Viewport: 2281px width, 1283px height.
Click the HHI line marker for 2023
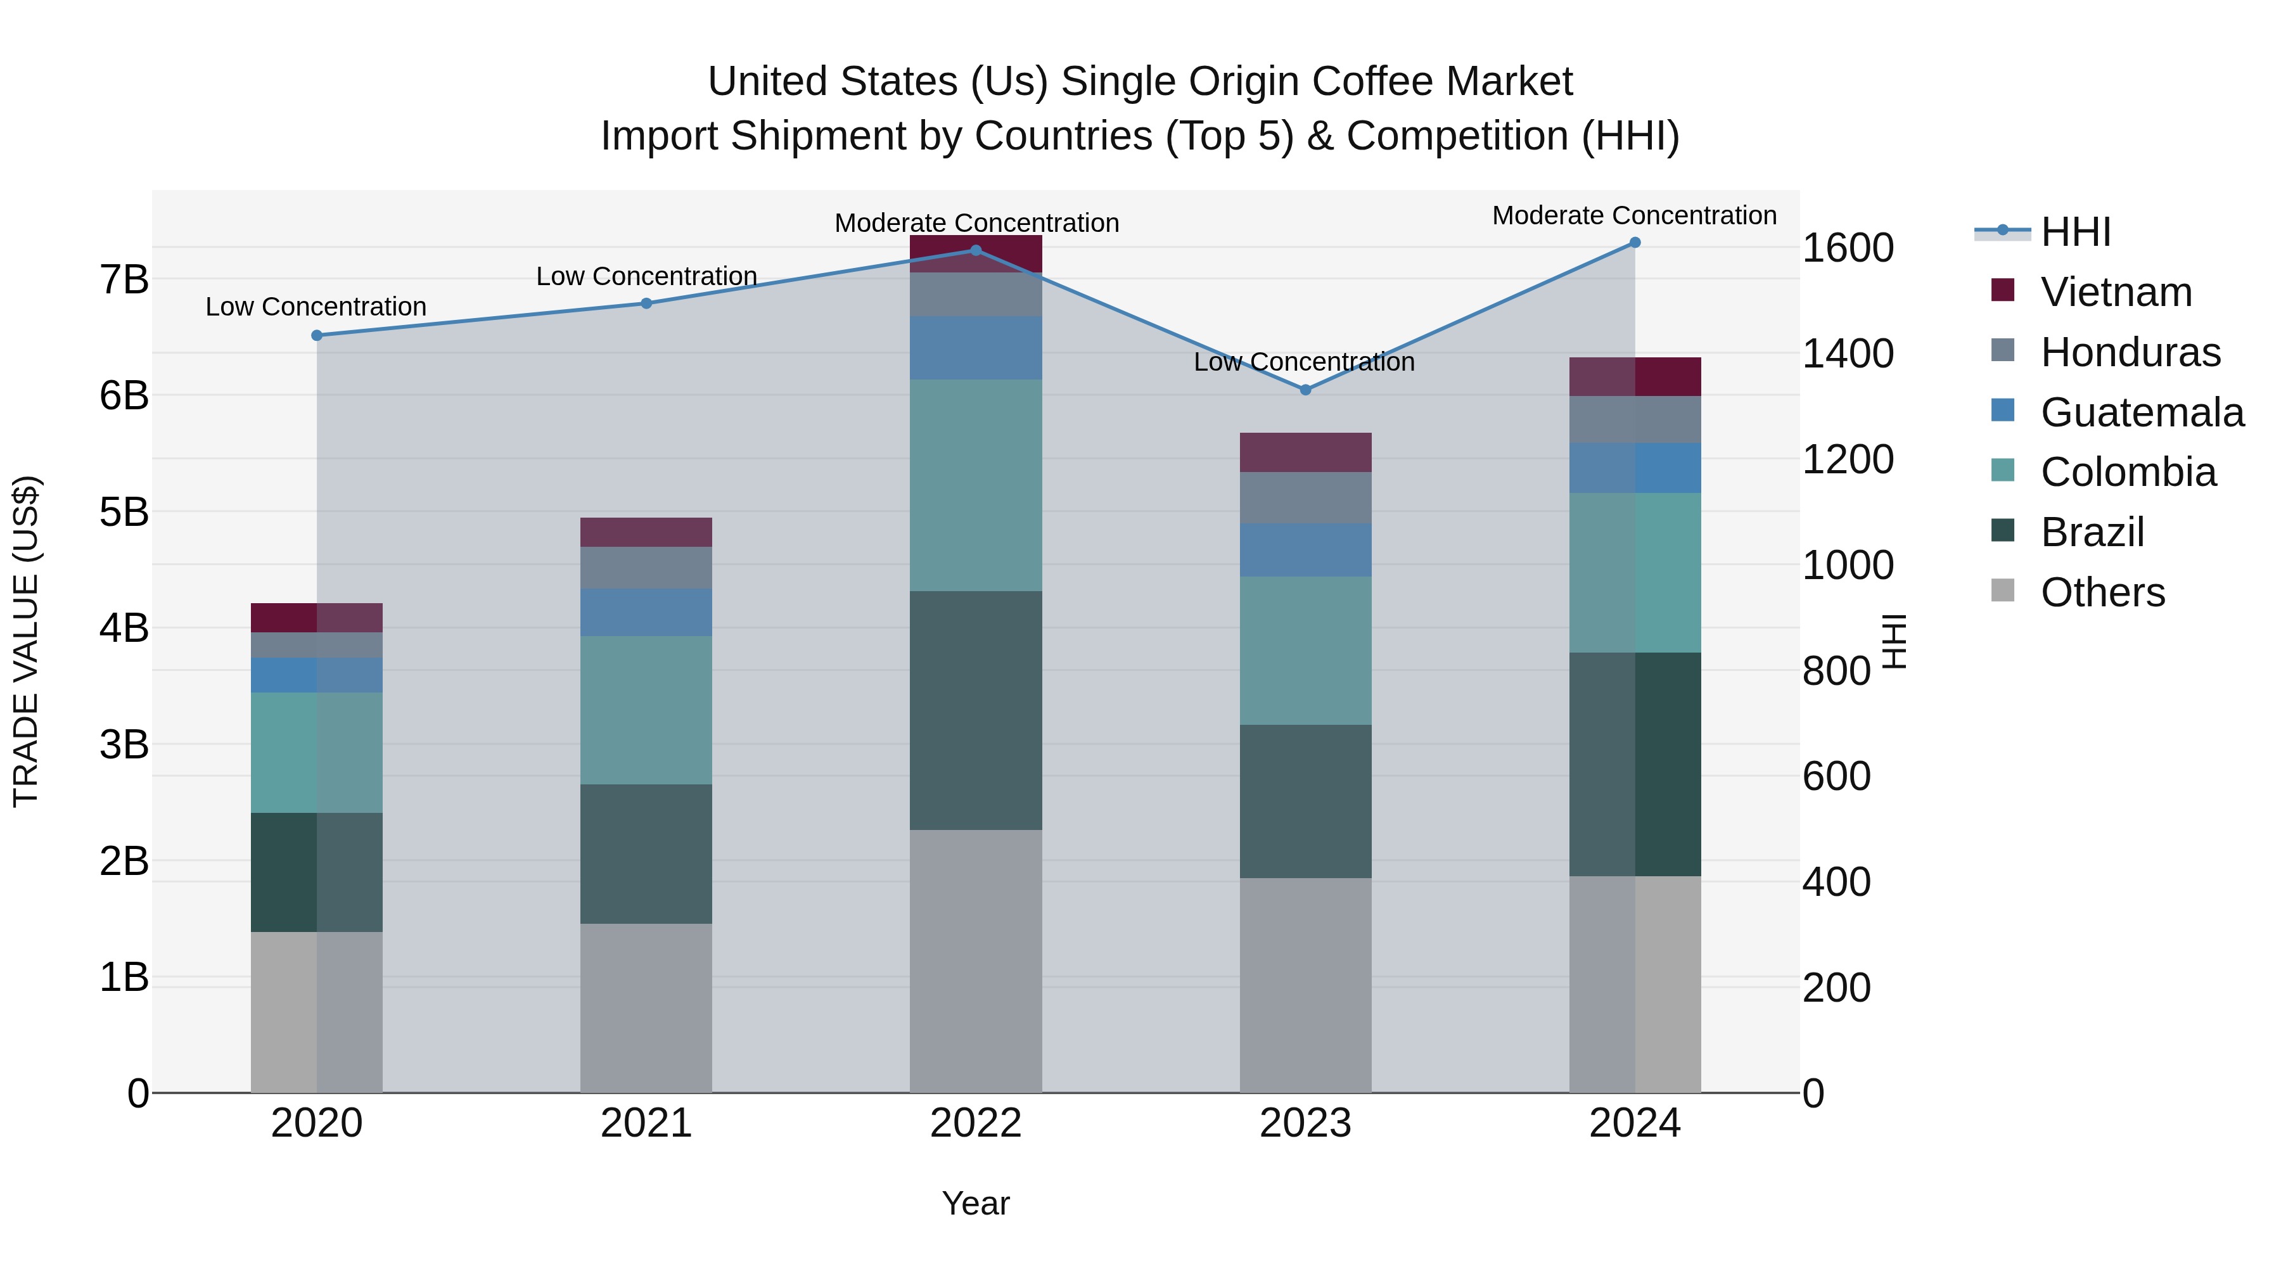tap(1305, 390)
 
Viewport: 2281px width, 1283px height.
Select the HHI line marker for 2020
tap(317, 336)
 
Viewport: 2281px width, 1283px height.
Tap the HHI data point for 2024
tap(1635, 243)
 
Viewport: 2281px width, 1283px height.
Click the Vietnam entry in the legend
tap(2116, 292)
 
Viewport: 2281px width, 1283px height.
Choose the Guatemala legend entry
tap(2141, 412)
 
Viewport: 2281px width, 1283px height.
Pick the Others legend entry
tap(2102, 592)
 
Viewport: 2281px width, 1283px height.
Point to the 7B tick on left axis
tap(124, 280)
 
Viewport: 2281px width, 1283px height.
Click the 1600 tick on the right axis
tap(1848, 248)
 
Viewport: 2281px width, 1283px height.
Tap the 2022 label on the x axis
tap(976, 1123)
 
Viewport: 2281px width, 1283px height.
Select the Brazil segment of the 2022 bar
tap(976, 710)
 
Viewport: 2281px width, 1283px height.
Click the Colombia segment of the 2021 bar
tap(646, 710)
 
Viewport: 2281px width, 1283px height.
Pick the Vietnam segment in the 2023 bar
tap(1305, 452)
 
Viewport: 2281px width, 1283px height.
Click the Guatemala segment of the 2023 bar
tap(1305, 550)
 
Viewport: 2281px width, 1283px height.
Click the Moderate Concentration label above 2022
tap(976, 223)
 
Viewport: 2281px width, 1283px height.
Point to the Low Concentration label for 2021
tap(646, 276)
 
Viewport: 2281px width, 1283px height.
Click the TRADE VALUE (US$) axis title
tap(27, 641)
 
